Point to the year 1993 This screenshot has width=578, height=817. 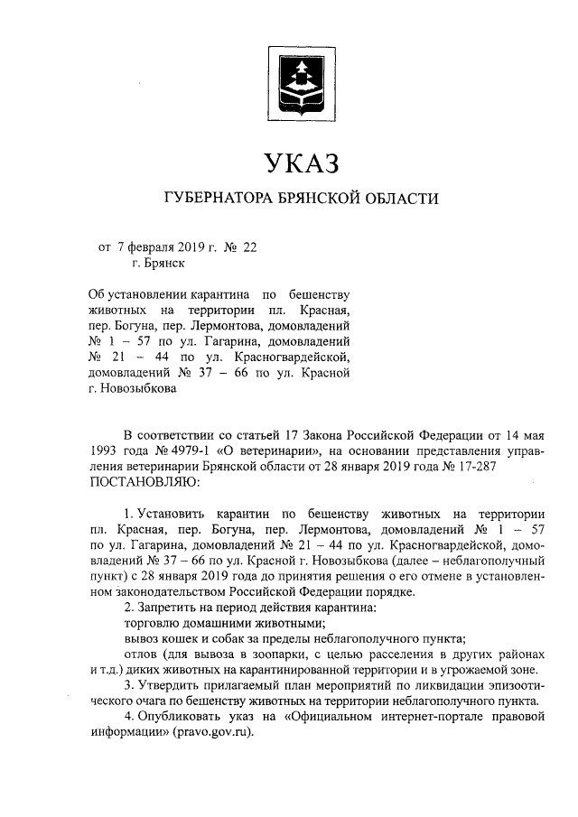tap(106, 450)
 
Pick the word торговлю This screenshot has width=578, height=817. tap(151, 622)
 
